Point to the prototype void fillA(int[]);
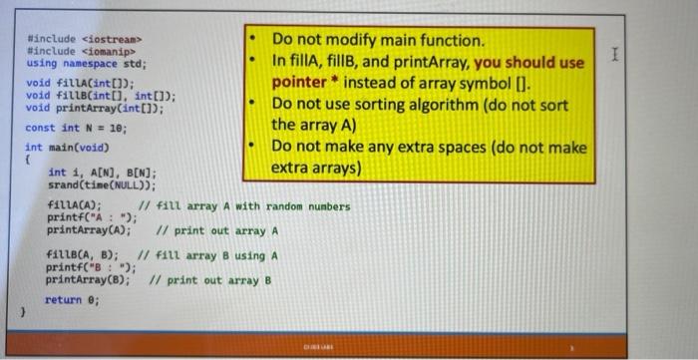80,84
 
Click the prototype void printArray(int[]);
95,107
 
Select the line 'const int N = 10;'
76,129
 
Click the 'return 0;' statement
73,299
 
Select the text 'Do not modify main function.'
379,41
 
